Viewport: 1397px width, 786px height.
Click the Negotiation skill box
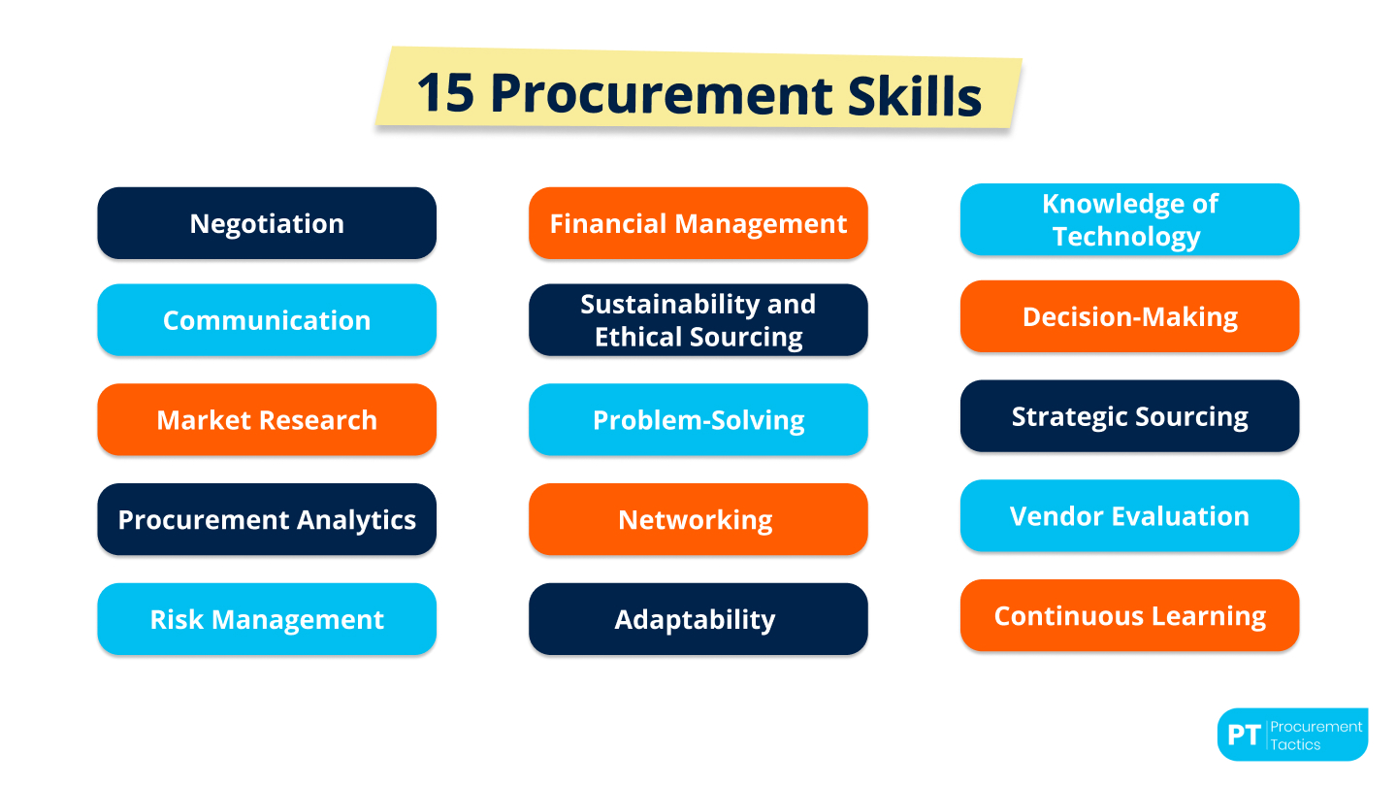[x=267, y=223]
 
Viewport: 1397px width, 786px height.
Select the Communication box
[x=267, y=320]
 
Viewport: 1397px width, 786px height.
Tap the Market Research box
[x=267, y=420]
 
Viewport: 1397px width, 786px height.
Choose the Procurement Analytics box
[x=267, y=520]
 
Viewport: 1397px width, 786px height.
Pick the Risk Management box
[x=267, y=619]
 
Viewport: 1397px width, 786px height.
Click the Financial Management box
[x=698, y=223]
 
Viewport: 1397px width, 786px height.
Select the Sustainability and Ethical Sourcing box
[x=698, y=320]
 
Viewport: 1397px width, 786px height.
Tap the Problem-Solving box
[x=698, y=420]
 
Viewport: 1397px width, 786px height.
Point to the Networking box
[x=698, y=520]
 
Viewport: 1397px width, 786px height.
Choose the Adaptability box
[x=698, y=619]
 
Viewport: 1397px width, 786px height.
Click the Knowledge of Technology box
[x=1129, y=220]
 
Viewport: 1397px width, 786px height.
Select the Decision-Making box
[x=1129, y=317]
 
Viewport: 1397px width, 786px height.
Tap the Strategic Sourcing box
[x=1129, y=416]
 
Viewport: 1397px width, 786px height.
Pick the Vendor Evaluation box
[x=1129, y=516]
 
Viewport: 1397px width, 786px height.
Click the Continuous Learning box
[x=1129, y=616]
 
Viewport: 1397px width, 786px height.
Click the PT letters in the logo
[x=1243, y=736]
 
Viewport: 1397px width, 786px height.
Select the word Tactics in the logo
[x=1295, y=745]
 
